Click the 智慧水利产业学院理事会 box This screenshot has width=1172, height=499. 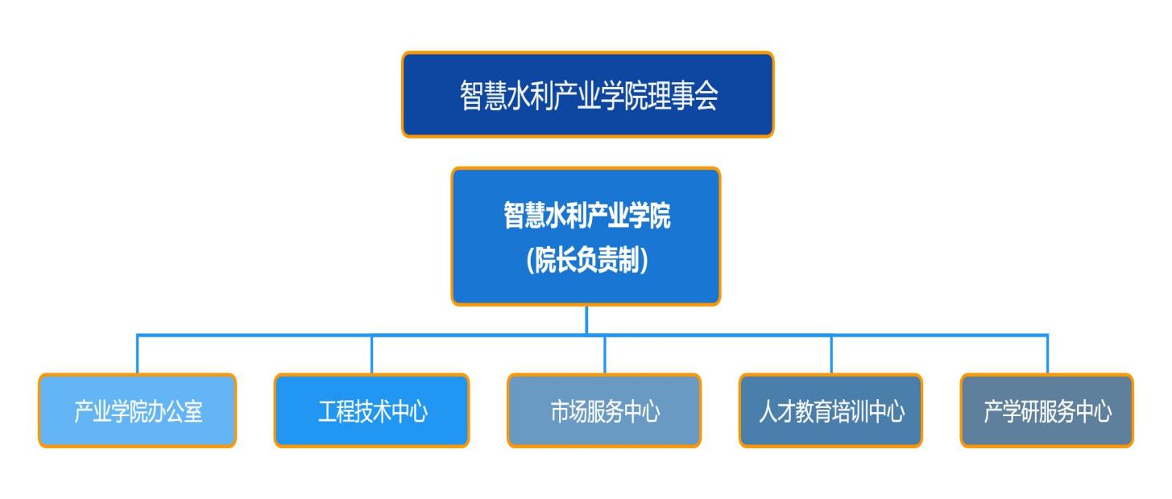click(x=587, y=95)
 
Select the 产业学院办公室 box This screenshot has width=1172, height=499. click(x=137, y=410)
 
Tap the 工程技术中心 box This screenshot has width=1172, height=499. click(x=371, y=410)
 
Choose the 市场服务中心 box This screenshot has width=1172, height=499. click(x=604, y=410)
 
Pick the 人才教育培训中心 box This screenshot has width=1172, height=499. click(x=830, y=410)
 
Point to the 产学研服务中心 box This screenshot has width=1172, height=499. click(x=1047, y=410)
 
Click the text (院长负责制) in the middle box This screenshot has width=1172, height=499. click(x=587, y=260)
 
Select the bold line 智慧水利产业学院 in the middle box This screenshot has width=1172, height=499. click(x=586, y=215)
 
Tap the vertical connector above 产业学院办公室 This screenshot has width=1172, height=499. click(x=137, y=354)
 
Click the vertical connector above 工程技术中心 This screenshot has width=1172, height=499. click(x=371, y=355)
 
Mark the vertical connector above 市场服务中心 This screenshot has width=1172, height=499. click(x=605, y=355)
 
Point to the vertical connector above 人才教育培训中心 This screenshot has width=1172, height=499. click(x=831, y=355)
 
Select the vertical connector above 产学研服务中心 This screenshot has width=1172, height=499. click(x=1047, y=354)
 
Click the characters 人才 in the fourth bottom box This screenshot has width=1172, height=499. click(x=777, y=411)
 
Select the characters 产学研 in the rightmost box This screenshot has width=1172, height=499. click(x=1011, y=411)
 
